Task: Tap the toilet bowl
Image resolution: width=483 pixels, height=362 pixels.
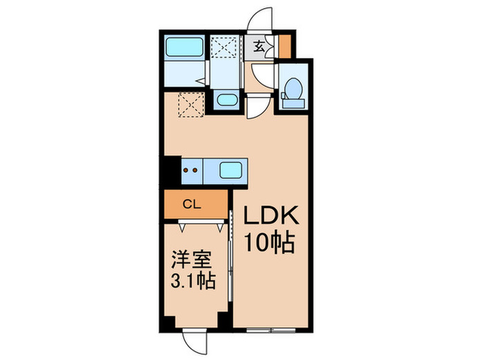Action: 291,88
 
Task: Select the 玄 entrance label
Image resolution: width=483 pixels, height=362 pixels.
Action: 258,47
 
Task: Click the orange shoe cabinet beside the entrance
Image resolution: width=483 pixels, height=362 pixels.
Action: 285,45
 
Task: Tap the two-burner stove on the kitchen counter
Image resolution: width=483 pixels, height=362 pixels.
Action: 191,169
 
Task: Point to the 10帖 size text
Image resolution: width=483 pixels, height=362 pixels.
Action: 270,243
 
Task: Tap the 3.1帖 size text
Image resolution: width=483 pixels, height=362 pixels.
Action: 190,281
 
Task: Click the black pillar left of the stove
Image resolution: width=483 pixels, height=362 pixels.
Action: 170,171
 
